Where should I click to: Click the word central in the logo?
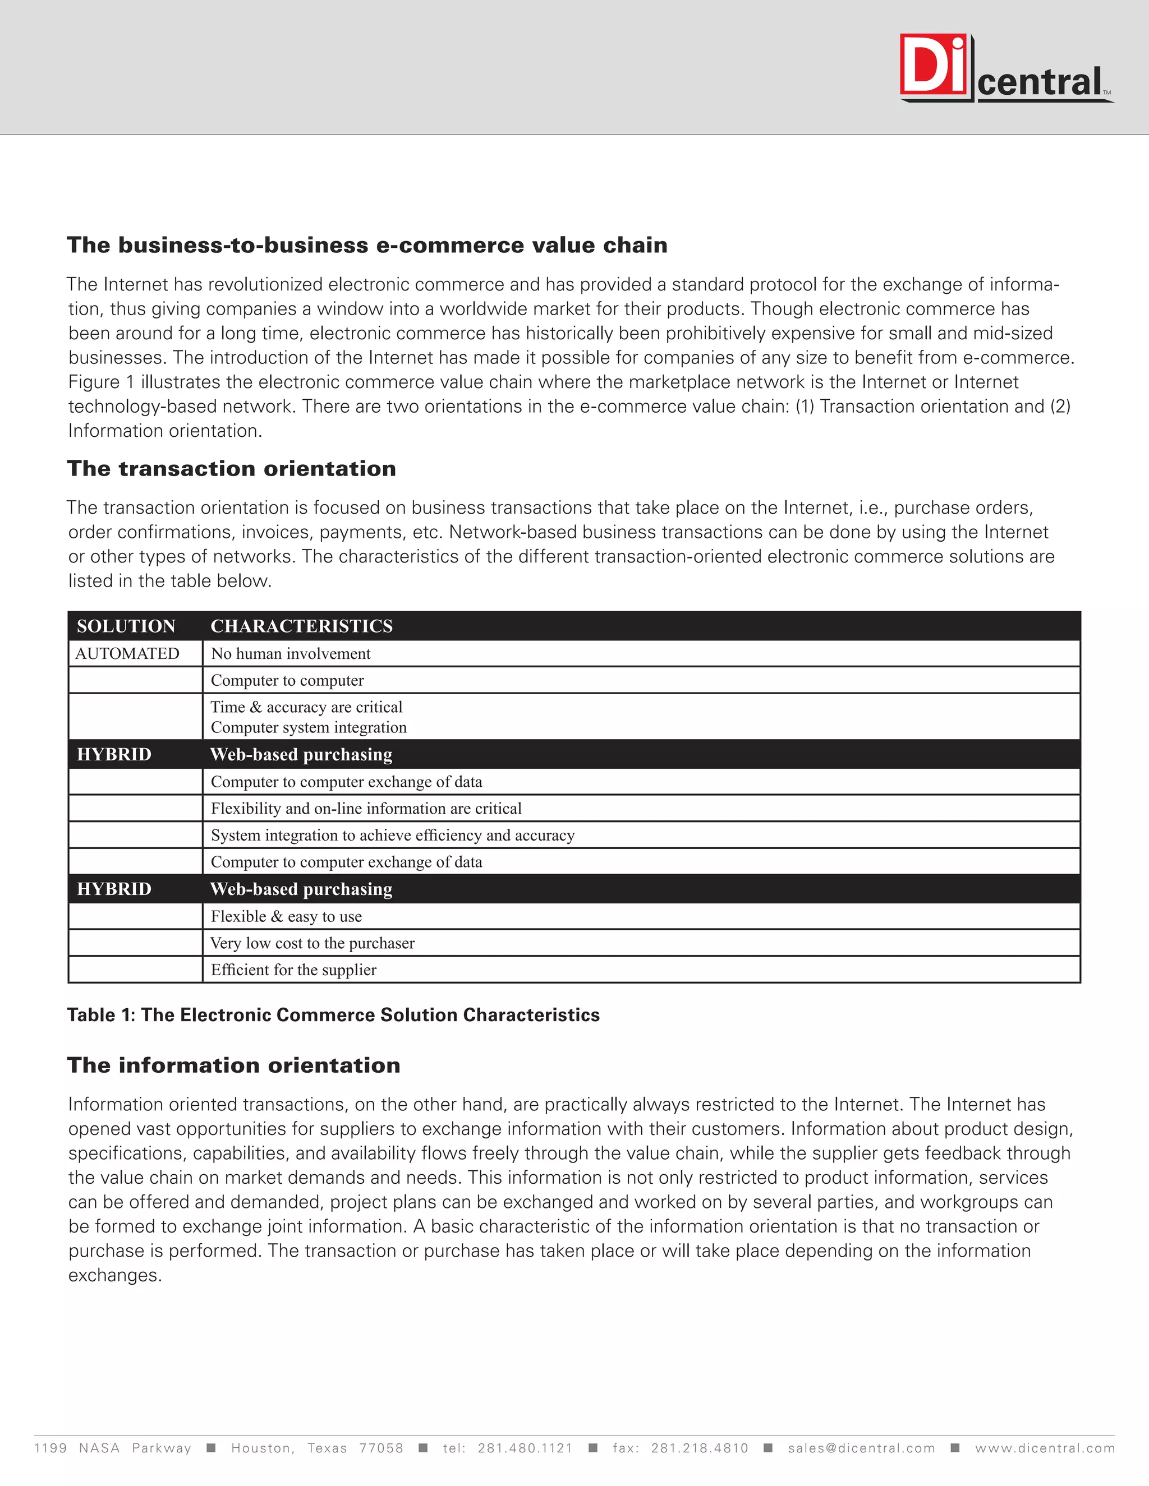click(x=1040, y=82)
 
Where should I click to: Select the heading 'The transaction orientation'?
click(x=232, y=469)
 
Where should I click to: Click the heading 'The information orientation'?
click(x=233, y=1065)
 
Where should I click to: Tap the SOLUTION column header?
click(x=126, y=626)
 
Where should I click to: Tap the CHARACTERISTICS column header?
click(x=301, y=626)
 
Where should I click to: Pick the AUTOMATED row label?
click(x=127, y=654)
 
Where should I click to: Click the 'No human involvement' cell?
click(x=291, y=654)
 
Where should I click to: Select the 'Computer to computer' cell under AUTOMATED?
click(x=287, y=680)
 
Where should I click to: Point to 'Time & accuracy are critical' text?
click(x=306, y=707)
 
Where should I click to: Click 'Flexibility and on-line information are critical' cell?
click(x=366, y=808)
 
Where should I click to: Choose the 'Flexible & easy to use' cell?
click(x=286, y=916)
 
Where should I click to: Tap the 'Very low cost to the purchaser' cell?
click(x=312, y=943)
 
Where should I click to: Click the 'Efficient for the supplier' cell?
click(x=293, y=970)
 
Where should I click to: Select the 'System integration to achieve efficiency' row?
click(x=393, y=835)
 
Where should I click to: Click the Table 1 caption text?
click(x=333, y=1015)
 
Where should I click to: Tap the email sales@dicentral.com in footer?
click(x=861, y=1448)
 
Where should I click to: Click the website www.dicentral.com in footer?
click(x=1045, y=1448)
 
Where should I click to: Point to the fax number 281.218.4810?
click(x=699, y=1448)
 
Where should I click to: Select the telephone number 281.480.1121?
click(x=525, y=1448)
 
